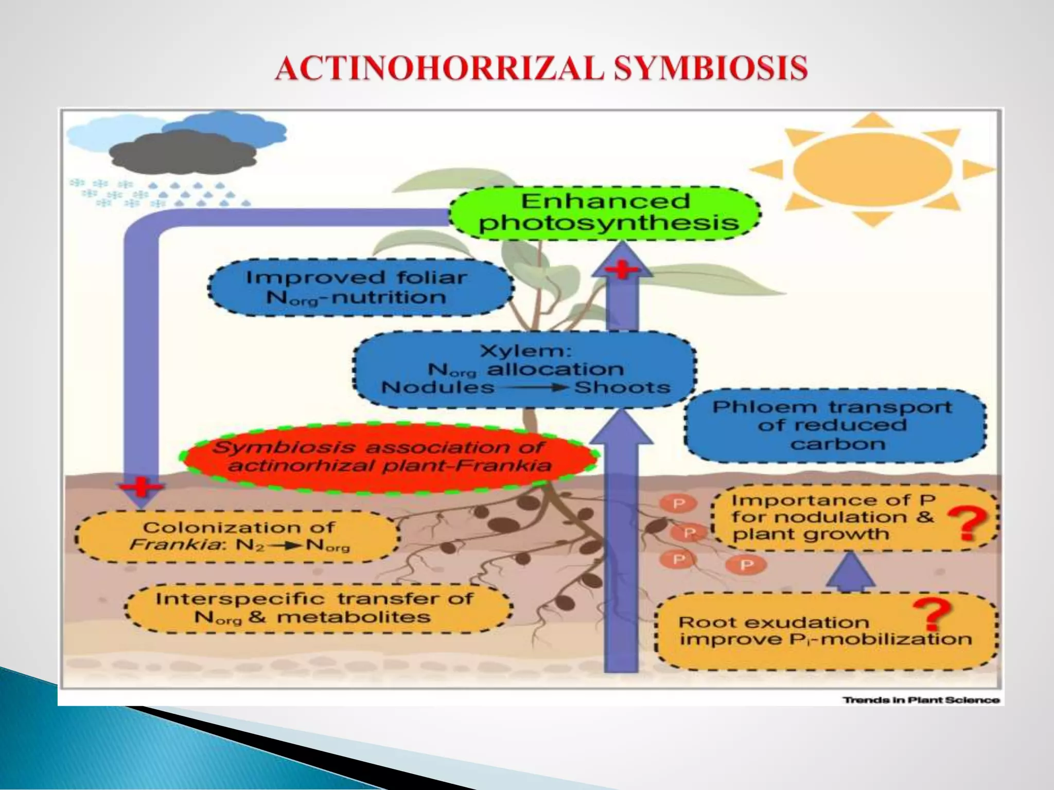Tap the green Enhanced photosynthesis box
605,213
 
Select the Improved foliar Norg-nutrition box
360,288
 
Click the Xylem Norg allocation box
525,369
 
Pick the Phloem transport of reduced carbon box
834,425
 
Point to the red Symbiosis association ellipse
389,457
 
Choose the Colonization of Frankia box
238,536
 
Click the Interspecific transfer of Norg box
318,608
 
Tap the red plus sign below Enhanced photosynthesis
622,269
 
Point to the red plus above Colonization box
141,486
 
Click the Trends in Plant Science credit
921,700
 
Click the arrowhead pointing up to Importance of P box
851,568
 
